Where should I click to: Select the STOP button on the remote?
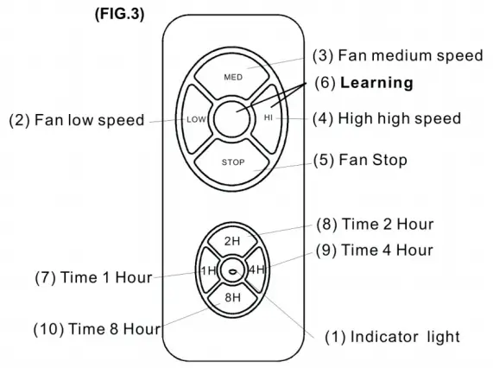pyautogui.click(x=233, y=161)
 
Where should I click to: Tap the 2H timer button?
pyautogui.click(x=232, y=241)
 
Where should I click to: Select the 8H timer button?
pyautogui.click(x=232, y=299)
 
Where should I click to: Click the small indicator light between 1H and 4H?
pyautogui.click(x=233, y=270)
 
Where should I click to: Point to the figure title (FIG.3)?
pyautogui.click(x=112, y=14)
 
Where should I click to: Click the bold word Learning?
pyautogui.click(x=376, y=83)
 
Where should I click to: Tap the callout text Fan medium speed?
pyautogui.click(x=410, y=56)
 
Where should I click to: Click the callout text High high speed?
pyautogui.click(x=399, y=118)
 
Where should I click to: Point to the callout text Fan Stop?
pyautogui.click(x=374, y=161)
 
